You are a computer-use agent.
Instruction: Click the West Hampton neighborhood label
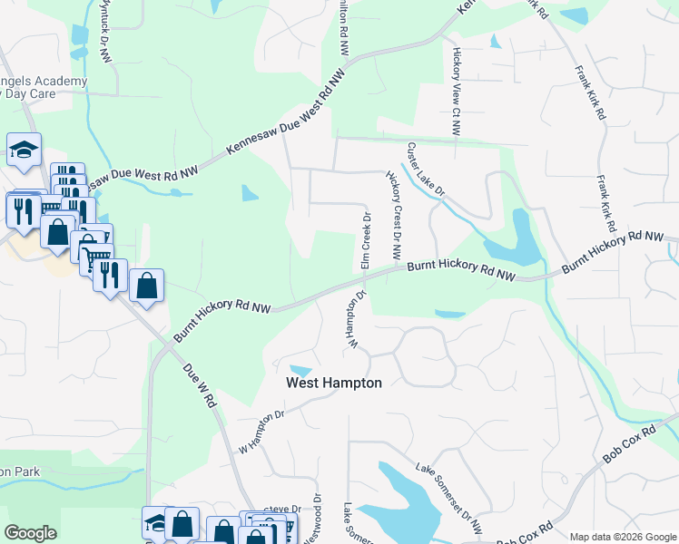334,383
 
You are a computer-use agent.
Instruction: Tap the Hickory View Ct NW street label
457,92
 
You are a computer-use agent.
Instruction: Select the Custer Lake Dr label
426,170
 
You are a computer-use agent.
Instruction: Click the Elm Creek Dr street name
367,241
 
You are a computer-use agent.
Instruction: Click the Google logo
30,533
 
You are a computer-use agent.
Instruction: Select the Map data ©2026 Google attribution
622,537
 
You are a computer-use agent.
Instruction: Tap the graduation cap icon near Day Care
24,150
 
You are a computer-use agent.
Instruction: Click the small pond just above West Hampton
300,370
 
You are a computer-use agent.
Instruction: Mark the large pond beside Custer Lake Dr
513,238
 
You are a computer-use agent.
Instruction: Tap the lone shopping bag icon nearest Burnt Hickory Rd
146,286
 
